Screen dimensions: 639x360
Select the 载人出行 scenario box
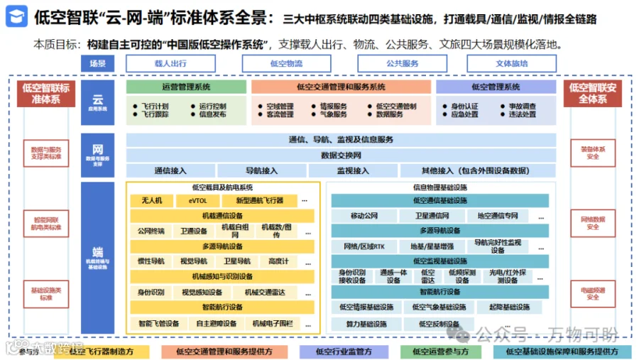pyautogui.click(x=170, y=64)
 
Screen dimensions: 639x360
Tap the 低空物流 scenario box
pyautogui.click(x=286, y=64)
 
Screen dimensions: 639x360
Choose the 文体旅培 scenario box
pyautogui.click(x=512, y=64)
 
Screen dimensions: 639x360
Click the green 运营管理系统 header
pyautogui.click(x=186, y=87)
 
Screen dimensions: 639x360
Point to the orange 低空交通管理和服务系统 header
pyautogui.click(x=341, y=87)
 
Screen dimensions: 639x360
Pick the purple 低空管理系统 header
pyautogui.click(x=496, y=87)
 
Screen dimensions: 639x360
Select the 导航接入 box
pyautogui.click(x=262, y=170)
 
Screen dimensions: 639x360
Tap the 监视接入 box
pyautogui.click(x=353, y=170)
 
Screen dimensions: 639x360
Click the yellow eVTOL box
pyautogui.click(x=198, y=201)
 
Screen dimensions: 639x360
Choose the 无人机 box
pyautogui.click(x=151, y=201)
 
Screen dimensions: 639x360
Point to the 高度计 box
pyautogui.click(x=279, y=261)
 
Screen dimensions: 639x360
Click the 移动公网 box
pyautogui.click(x=364, y=216)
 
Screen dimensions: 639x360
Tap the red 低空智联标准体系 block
pyautogui.click(x=46, y=94)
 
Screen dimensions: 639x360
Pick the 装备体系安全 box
pyautogui.click(x=593, y=153)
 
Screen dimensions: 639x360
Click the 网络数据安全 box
pyautogui.click(x=593, y=224)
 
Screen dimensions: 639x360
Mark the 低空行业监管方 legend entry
pyautogui.click(x=344, y=351)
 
